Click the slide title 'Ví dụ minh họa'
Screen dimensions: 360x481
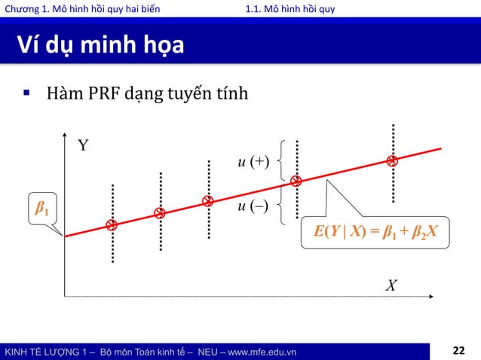(x=97, y=47)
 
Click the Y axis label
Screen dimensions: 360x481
(x=84, y=145)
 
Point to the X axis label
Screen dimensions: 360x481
(x=391, y=286)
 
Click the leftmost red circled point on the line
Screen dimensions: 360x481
(x=112, y=225)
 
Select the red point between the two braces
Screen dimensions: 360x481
(x=296, y=182)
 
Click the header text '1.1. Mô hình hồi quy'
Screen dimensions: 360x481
(x=290, y=8)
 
